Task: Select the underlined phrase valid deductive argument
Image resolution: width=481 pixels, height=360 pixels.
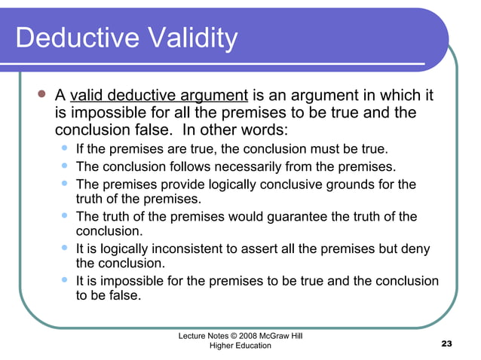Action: pos(159,96)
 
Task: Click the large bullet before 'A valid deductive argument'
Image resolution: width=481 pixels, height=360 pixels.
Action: pos(42,96)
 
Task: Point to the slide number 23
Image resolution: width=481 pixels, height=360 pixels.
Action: pos(446,344)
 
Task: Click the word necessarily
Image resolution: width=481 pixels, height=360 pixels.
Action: pos(267,166)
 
